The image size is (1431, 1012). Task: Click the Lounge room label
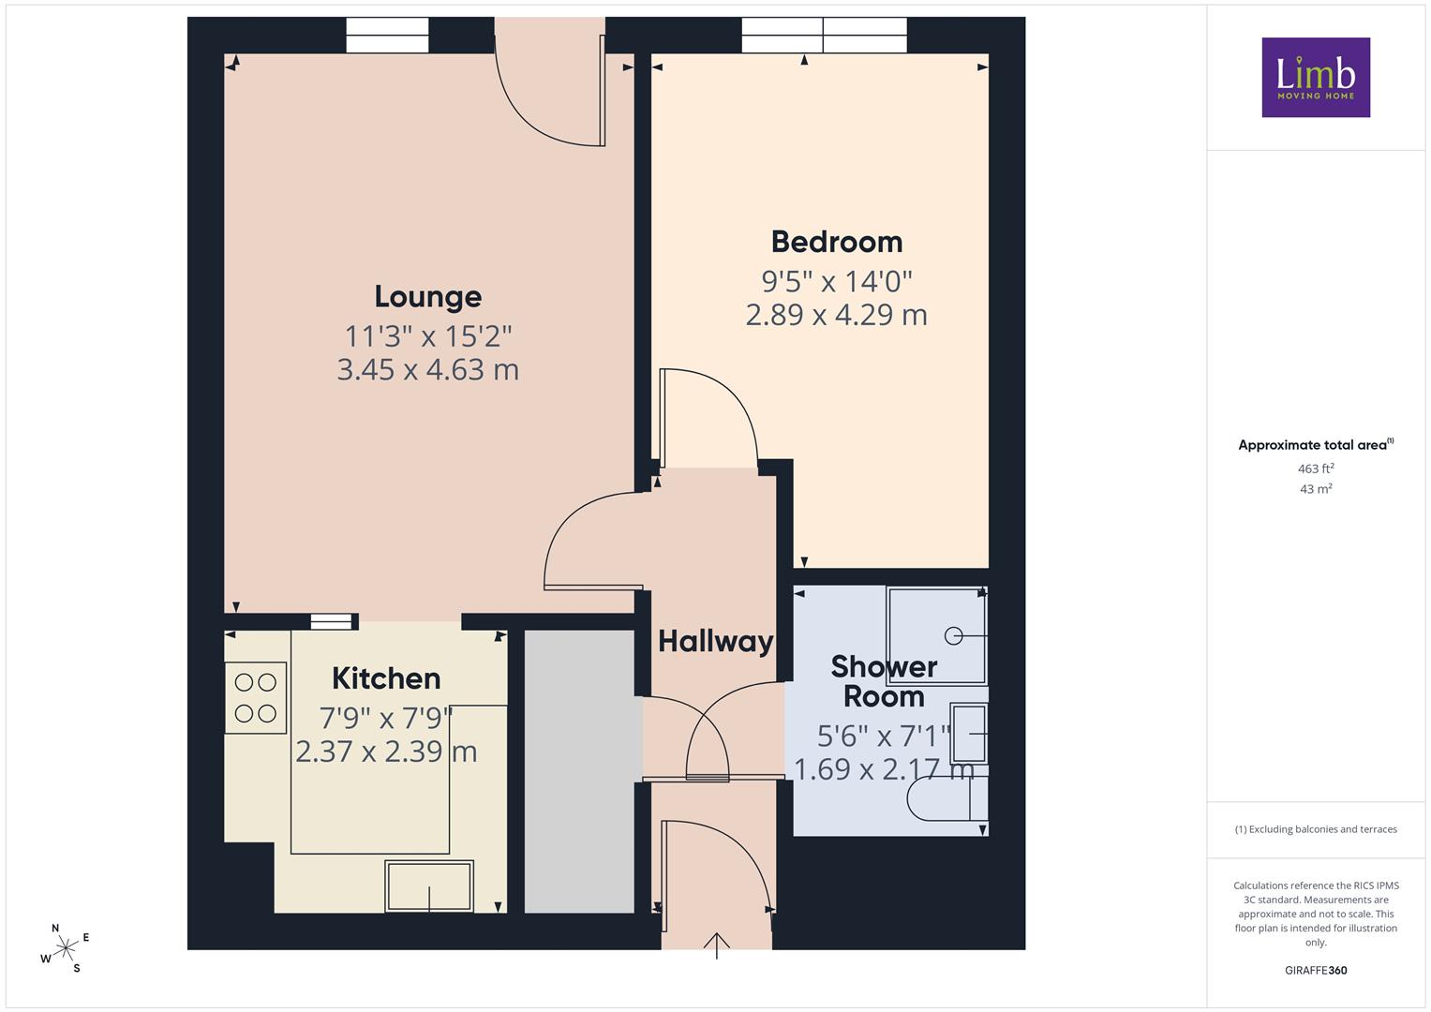click(428, 297)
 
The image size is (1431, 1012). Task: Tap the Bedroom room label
click(837, 242)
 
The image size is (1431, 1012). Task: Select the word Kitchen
click(386, 678)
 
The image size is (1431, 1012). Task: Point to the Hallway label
click(716, 642)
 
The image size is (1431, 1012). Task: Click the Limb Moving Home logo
click(1316, 77)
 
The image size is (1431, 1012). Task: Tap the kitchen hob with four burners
click(256, 698)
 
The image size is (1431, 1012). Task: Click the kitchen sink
click(428, 886)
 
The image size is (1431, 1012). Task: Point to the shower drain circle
click(953, 635)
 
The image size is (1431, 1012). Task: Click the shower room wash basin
click(969, 734)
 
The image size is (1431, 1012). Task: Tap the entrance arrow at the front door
click(717, 945)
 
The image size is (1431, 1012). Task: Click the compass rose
click(66, 948)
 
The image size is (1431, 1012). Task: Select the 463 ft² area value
click(1316, 469)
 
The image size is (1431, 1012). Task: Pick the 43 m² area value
click(1316, 489)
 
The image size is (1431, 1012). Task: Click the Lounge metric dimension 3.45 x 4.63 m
click(428, 370)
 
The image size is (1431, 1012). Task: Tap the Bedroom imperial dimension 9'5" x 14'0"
click(837, 281)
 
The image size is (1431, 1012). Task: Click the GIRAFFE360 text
click(1316, 970)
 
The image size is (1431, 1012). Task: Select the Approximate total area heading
click(1316, 445)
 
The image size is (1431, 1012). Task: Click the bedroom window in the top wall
click(824, 36)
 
